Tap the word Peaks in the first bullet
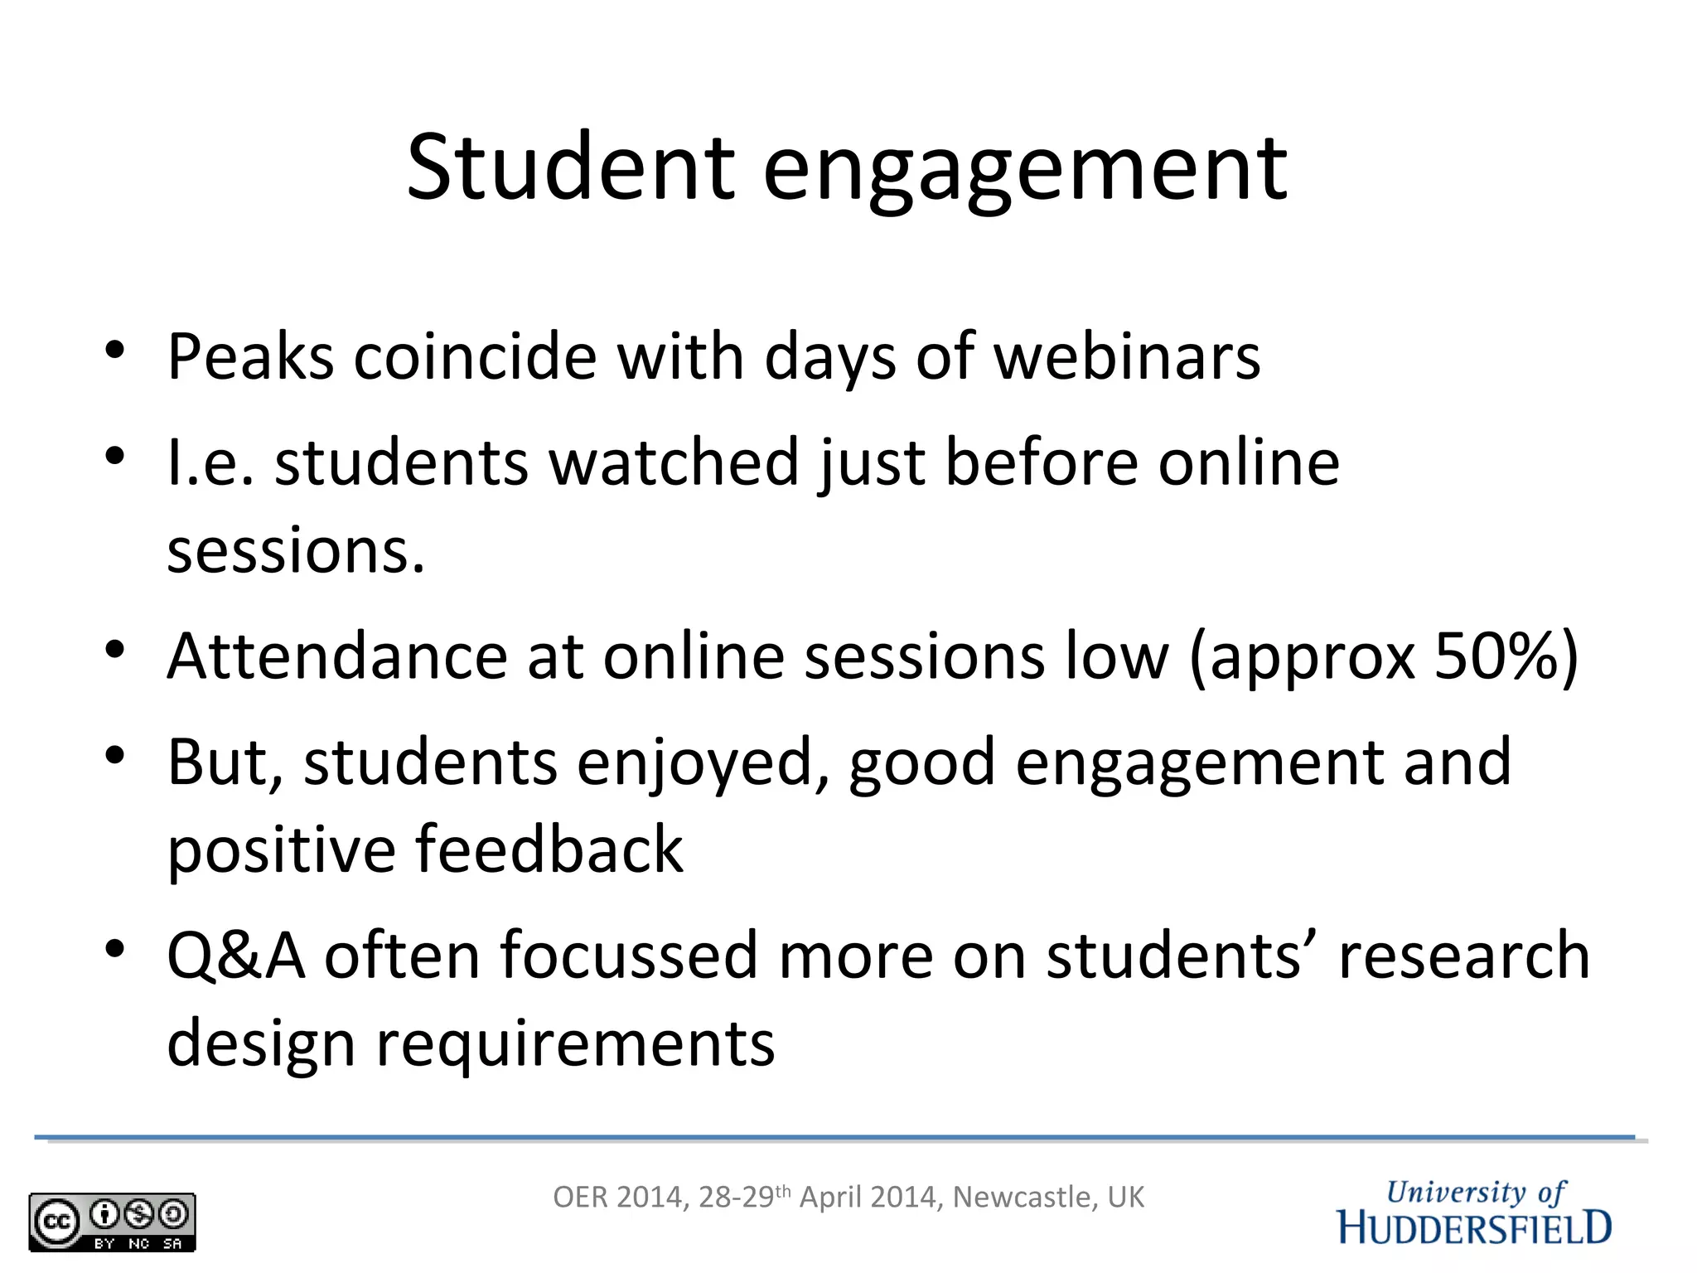point(250,357)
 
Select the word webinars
point(1127,357)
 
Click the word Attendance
point(337,656)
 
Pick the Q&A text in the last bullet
point(236,956)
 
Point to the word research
point(1464,956)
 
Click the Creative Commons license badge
point(112,1222)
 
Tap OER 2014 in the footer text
point(618,1198)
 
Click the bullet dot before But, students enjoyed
point(114,755)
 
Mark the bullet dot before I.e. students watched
point(114,456)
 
